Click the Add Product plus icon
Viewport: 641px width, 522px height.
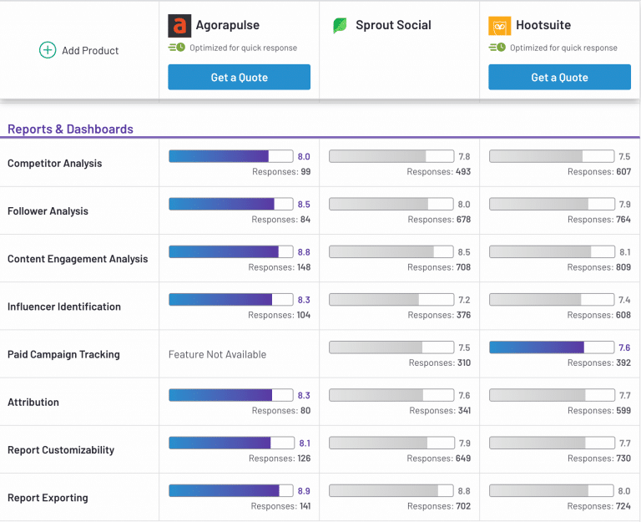(48, 50)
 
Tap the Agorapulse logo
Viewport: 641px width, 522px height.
(179, 26)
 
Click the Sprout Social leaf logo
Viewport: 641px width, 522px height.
(340, 25)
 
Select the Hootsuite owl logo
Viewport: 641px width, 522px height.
(500, 26)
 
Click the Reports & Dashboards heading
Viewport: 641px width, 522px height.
(70, 129)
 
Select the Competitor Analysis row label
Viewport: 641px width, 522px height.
(55, 163)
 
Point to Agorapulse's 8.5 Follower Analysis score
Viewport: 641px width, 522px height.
(304, 204)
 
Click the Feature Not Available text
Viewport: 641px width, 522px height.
(217, 354)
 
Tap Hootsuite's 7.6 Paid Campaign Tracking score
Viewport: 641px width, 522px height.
(624, 347)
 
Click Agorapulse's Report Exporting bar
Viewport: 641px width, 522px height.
(231, 490)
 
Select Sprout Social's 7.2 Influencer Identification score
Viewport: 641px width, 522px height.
(464, 300)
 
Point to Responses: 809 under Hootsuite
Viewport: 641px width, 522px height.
(599, 267)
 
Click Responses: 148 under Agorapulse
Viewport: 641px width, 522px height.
(280, 267)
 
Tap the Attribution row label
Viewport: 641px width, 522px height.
(33, 402)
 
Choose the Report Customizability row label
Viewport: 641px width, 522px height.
(61, 450)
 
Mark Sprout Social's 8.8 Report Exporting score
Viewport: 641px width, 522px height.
(464, 491)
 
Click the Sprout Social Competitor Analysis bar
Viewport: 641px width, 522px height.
(391, 156)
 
